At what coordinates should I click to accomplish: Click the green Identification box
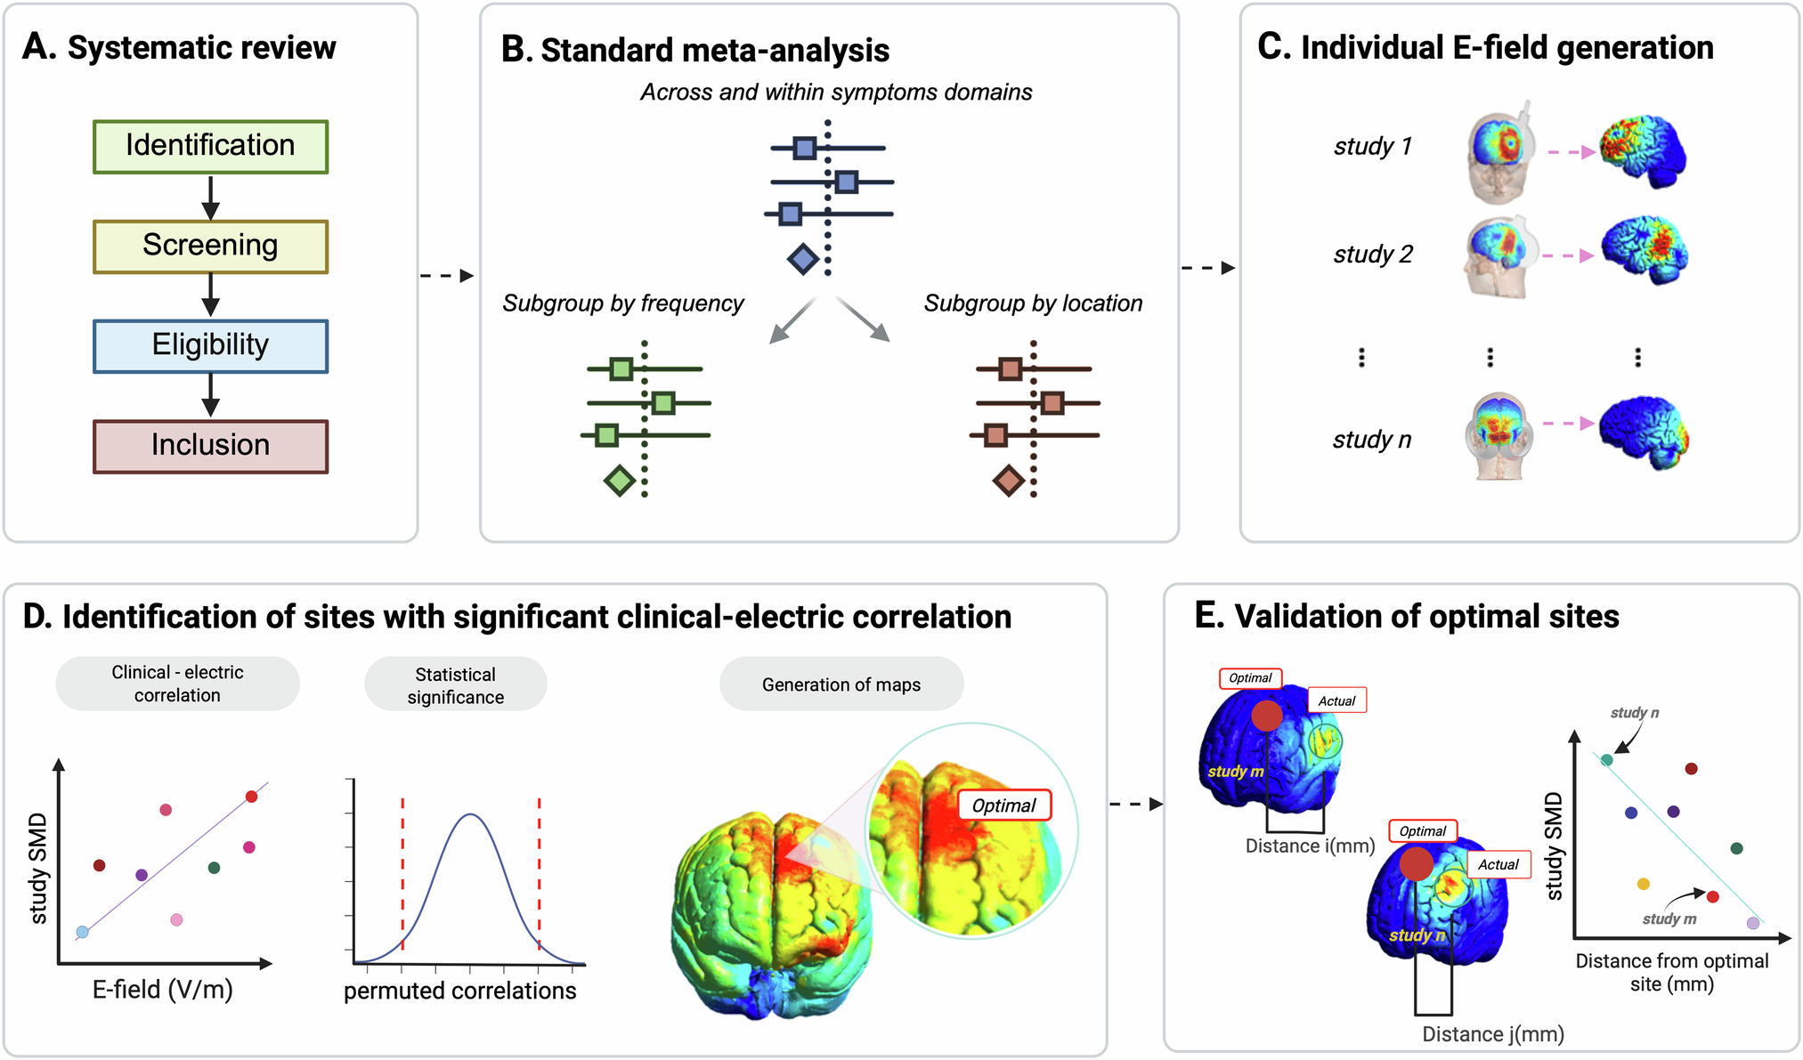210,146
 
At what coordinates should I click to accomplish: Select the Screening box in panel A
210,246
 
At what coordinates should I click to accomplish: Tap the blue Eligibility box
210,345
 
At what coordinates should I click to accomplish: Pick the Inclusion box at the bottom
210,446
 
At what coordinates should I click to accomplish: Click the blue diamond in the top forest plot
803,259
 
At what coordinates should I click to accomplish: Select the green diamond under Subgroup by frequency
620,481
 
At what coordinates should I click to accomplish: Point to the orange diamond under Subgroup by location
1008,481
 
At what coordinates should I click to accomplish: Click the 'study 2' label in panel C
1372,255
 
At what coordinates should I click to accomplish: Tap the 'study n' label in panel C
1371,440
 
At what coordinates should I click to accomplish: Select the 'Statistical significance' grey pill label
455,685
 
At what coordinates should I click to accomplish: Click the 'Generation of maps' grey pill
841,684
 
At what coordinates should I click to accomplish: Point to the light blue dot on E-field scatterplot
83,932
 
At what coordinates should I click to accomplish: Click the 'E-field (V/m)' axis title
163,989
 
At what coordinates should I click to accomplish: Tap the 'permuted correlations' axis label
459,991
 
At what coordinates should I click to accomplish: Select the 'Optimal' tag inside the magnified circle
1003,805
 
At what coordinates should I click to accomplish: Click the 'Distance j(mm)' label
1492,1034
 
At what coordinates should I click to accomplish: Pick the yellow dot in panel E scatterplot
1644,884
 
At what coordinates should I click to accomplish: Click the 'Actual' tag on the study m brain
1336,700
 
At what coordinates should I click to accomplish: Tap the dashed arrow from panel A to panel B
447,276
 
